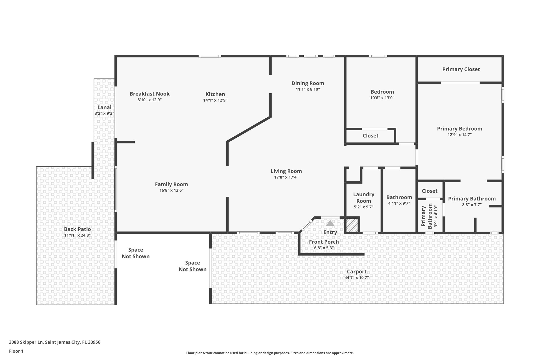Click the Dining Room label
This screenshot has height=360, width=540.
click(307, 83)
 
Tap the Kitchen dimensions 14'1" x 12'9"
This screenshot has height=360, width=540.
click(215, 100)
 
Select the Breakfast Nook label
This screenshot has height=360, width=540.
click(150, 94)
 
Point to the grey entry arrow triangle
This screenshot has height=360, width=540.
click(330, 223)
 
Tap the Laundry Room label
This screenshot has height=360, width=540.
click(364, 198)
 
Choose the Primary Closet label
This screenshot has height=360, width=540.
click(461, 69)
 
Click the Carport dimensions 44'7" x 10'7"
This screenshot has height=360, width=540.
click(356, 277)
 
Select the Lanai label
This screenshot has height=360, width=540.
click(104, 107)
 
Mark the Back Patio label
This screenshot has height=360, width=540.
click(78, 229)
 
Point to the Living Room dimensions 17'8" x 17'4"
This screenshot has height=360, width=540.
click(286, 177)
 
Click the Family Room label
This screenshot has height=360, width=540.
click(171, 184)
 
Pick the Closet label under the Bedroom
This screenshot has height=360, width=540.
click(370, 136)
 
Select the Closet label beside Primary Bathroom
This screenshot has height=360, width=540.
click(430, 191)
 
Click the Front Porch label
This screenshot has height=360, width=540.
click(324, 242)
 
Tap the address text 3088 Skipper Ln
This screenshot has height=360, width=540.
click(55, 342)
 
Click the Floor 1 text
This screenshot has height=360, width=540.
click(16, 351)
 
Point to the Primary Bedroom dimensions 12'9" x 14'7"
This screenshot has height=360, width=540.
click(460, 135)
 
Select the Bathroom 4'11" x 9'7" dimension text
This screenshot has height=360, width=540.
click(399, 203)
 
